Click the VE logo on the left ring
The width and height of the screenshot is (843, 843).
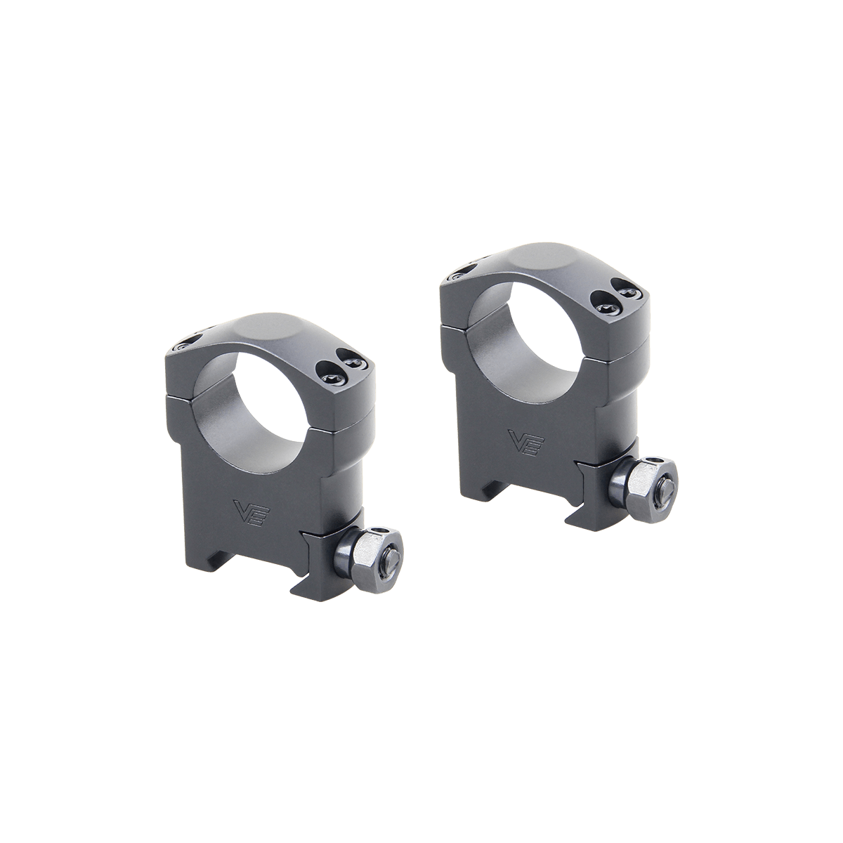click(252, 510)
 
